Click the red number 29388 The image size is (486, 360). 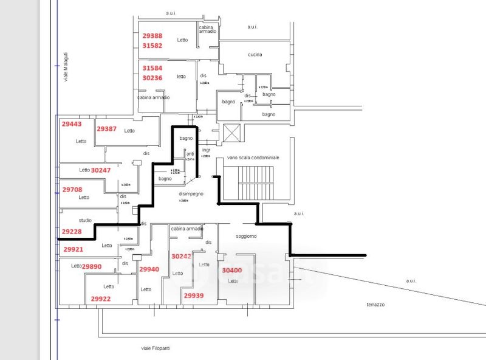(152, 36)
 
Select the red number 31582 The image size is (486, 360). (152, 46)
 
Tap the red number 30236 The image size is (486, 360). (152, 78)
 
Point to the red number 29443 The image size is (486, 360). (72, 123)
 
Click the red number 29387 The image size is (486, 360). (106, 129)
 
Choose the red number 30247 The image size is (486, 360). (101, 170)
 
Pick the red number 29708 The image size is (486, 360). (72, 189)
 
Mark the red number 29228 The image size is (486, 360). (72, 231)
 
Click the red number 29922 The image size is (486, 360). (101, 299)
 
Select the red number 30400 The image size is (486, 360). (232, 270)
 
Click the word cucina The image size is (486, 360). (255, 55)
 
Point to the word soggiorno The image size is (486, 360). (246, 236)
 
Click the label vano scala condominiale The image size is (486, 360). (253, 157)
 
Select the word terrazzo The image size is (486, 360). (376, 304)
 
